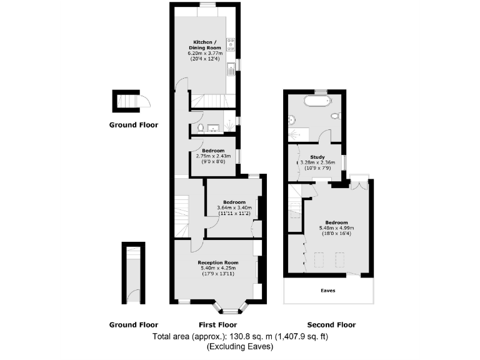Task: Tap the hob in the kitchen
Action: tap(231, 43)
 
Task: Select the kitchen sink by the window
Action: tap(231, 67)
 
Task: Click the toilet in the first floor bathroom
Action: tap(199, 128)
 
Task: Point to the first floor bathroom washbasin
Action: tap(215, 129)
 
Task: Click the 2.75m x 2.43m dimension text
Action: tap(213, 156)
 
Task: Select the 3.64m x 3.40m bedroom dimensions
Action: tap(234, 208)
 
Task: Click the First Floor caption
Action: tap(217, 325)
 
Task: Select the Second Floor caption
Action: tap(331, 325)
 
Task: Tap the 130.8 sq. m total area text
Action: tap(241, 337)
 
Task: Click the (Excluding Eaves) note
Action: tap(241, 346)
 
